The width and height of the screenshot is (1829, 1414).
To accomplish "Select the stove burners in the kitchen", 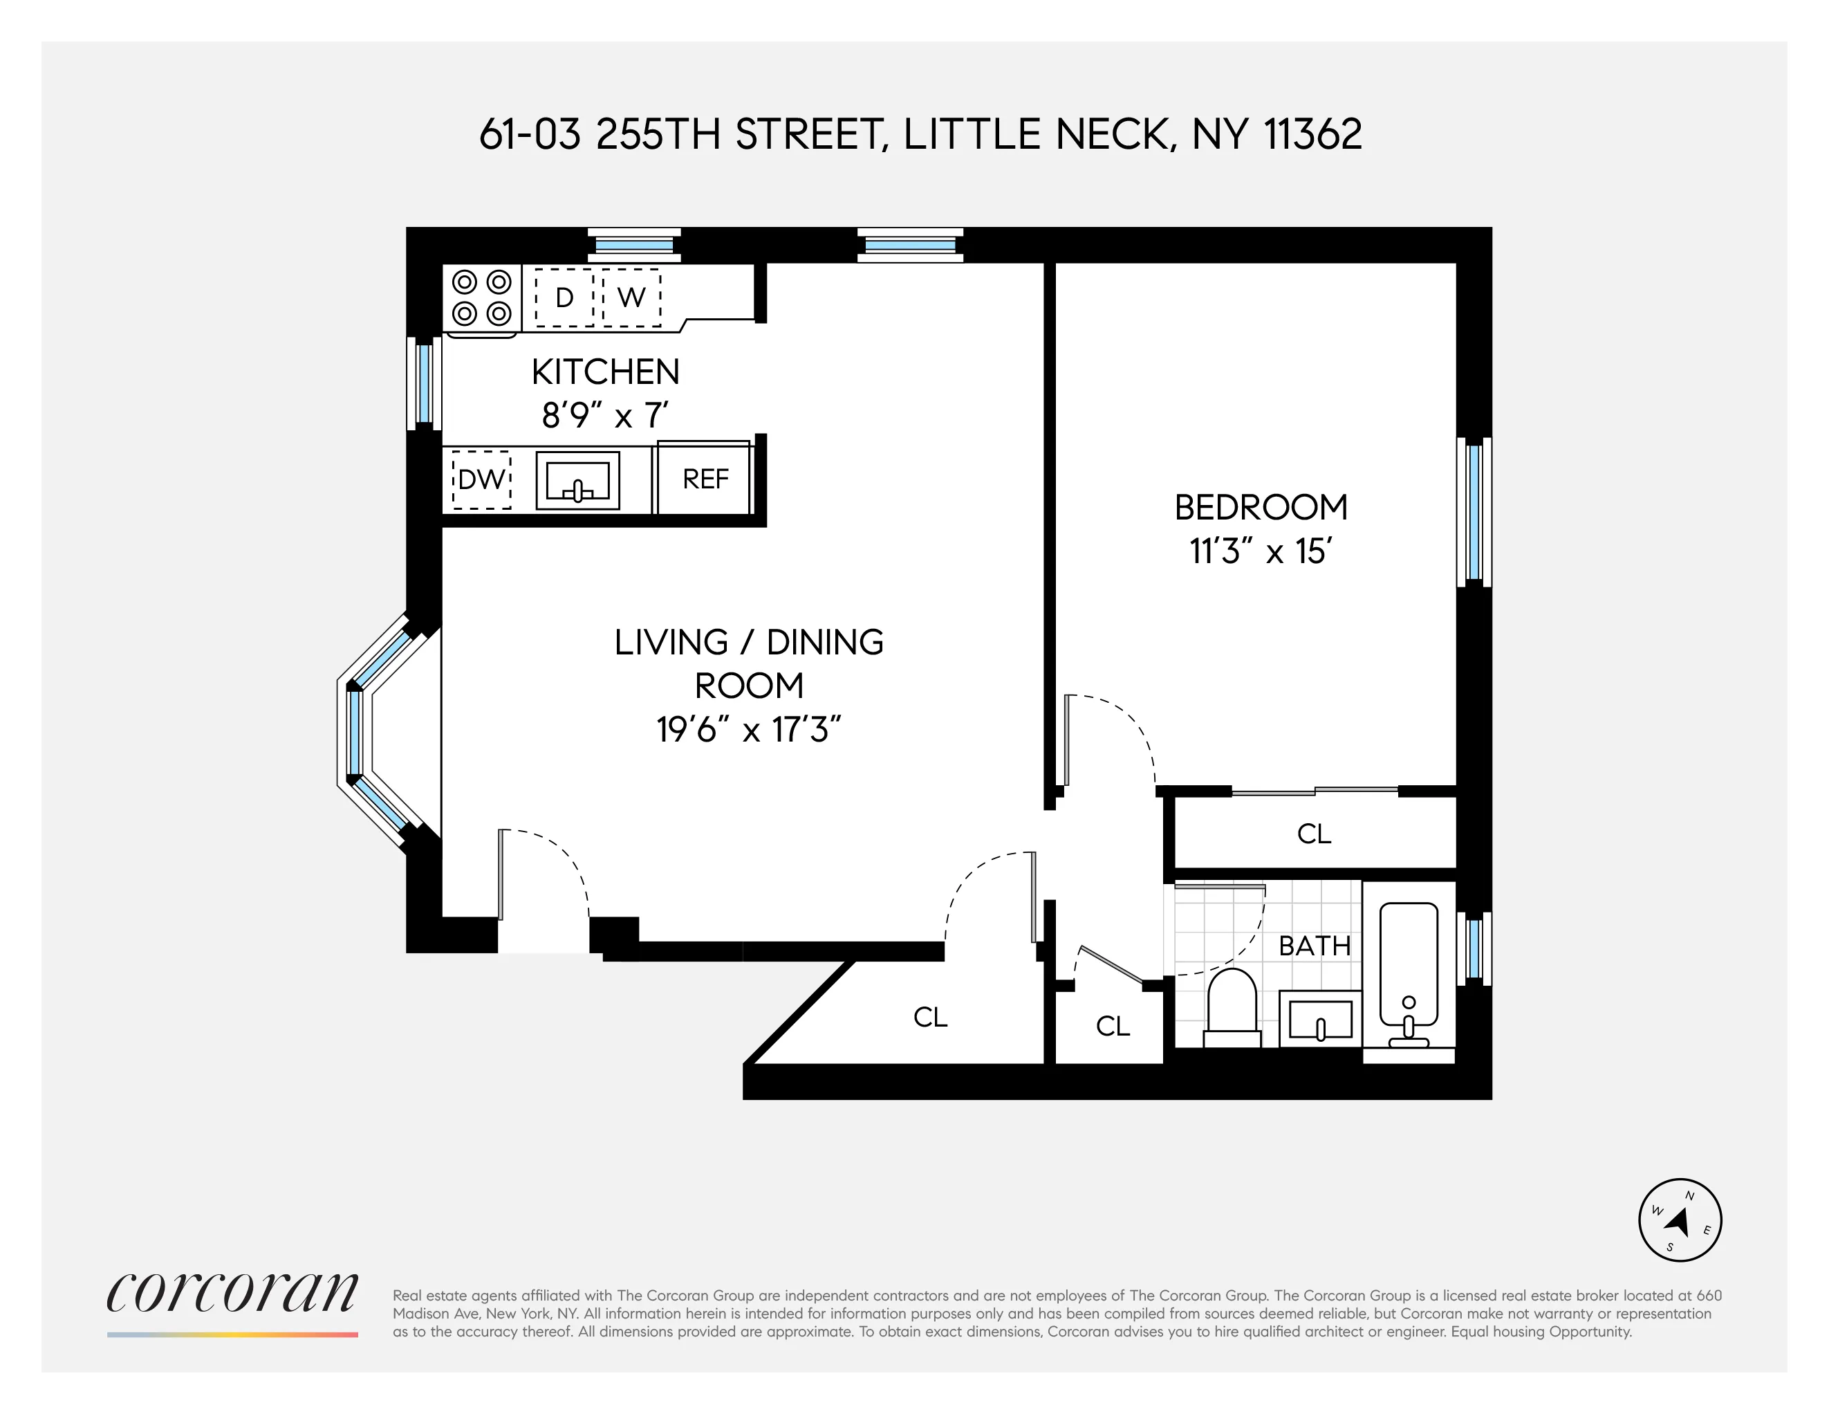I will tap(481, 297).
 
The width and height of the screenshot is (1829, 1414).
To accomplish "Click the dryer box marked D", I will tap(564, 297).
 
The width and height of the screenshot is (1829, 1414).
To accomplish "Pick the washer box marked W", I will tap(631, 297).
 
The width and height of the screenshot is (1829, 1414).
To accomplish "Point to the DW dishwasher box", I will tap(481, 479).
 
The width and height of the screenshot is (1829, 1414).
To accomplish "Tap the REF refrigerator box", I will tap(705, 479).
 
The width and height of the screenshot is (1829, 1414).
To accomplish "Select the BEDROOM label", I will tap(1261, 508).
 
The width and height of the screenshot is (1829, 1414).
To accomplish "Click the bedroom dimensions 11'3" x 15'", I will tap(1261, 551).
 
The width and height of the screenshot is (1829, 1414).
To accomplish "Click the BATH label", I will tap(1314, 946).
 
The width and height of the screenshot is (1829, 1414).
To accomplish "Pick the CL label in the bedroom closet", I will tap(1314, 834).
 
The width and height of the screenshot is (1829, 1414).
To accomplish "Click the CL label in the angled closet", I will tap(929, 1017).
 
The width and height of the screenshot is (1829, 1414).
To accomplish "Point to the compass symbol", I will tap(1679, 1220).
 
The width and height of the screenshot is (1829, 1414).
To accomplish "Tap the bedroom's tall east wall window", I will tap(1475, 512).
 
